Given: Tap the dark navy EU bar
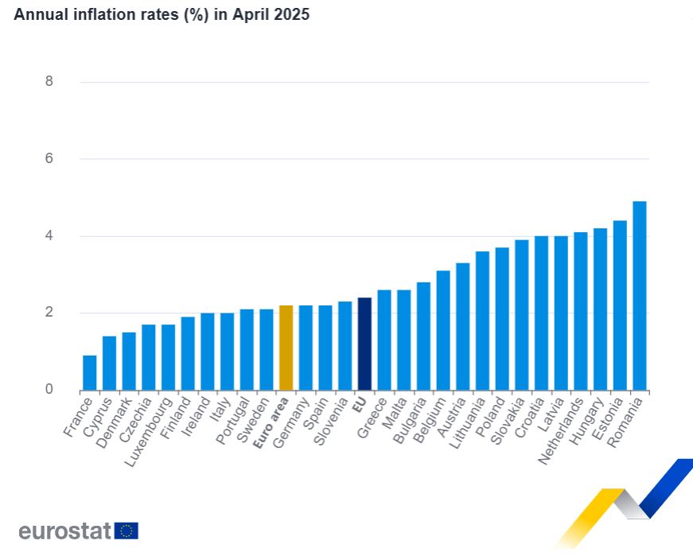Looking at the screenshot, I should point(364,344).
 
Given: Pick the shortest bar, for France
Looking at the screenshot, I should point(89,372).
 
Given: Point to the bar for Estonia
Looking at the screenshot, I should point(620,305).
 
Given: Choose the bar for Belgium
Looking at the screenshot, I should point(443,330).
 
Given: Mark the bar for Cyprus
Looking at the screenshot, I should point(109,363).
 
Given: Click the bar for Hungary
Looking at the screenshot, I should point(600,309).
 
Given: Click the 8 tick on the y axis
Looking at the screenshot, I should point(49,81).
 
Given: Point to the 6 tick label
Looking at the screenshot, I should point(49,158).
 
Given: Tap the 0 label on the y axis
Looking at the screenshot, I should point(49,389).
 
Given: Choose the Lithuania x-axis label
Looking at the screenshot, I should point(469,426).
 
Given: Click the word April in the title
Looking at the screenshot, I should point(252,15).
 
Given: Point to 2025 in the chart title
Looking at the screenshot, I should point(292,15).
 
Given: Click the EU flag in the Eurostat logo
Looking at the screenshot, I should point(127,531).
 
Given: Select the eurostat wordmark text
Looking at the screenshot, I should point(64,531).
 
